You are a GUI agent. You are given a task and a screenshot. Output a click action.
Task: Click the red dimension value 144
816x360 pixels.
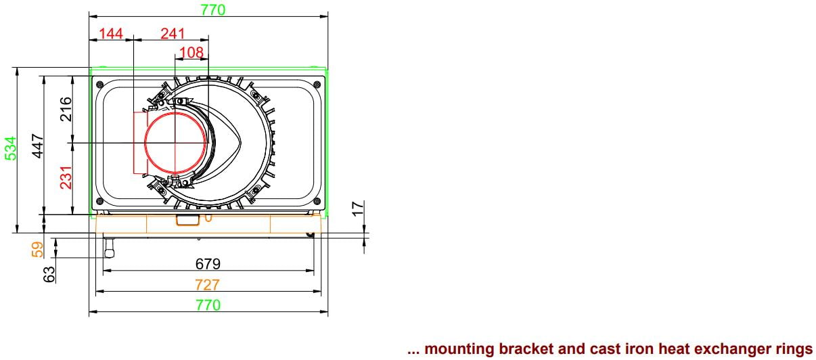[x=111, y=34]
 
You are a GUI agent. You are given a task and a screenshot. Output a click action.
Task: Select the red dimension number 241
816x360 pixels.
[x=173, y=34]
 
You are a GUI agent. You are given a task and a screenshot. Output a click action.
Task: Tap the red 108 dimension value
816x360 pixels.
[x=191, y=53]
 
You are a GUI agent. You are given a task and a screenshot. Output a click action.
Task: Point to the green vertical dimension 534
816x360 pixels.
[x=11, y=148]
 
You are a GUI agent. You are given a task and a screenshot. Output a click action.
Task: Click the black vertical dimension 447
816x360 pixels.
[x=38, y=145]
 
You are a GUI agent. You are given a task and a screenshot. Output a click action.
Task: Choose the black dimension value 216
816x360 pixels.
[x=66, y=109]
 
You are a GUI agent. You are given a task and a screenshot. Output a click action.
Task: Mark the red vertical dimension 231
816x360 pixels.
[x=66, y=177]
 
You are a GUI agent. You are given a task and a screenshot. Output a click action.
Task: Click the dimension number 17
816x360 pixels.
[x=358, y=208]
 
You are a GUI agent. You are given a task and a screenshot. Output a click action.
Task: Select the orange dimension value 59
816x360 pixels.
[x=37, y=250]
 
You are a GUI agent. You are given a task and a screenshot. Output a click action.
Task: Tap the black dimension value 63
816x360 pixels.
[x=49, y=274]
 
